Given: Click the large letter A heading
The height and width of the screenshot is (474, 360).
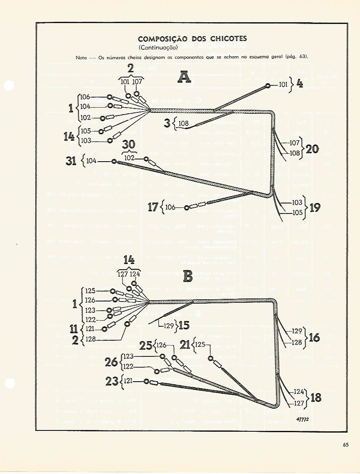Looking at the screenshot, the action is click(185, 78).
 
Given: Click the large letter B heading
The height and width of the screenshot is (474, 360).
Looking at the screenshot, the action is click(188, 276).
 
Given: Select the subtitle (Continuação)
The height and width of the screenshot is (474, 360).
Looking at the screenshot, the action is click(157, 47).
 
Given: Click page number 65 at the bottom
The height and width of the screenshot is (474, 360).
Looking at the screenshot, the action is click(346, 444).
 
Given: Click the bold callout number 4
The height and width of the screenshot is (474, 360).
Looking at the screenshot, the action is click(299, 84).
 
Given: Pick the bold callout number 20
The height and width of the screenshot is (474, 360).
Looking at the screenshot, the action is click(312, 149).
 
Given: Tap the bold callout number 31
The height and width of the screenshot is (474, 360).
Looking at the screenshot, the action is click(71, 161).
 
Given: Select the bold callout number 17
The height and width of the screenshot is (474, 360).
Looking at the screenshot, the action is click(153, 207).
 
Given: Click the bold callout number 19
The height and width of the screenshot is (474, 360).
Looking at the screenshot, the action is click(314, 207).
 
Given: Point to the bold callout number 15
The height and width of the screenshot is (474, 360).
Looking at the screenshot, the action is click(184, 325).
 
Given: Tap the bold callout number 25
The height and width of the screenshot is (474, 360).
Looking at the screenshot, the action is click(145, 346).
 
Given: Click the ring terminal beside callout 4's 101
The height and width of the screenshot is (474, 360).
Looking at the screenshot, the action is click(269, 86).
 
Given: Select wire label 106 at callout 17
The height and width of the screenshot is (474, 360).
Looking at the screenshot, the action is click(170, 207).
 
